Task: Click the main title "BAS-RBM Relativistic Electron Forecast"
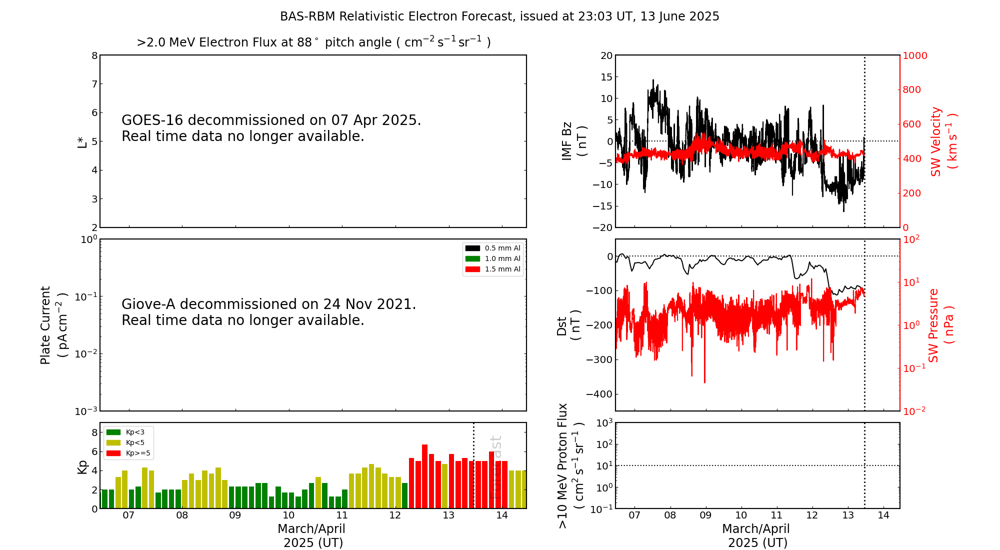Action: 499,16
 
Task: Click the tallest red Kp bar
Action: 424,475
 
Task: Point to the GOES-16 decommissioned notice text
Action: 271,128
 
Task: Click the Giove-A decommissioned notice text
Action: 268,312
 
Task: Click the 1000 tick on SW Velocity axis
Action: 914,55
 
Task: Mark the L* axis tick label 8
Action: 94,55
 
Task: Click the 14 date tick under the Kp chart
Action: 502,515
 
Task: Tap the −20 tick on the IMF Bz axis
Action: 602,227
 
